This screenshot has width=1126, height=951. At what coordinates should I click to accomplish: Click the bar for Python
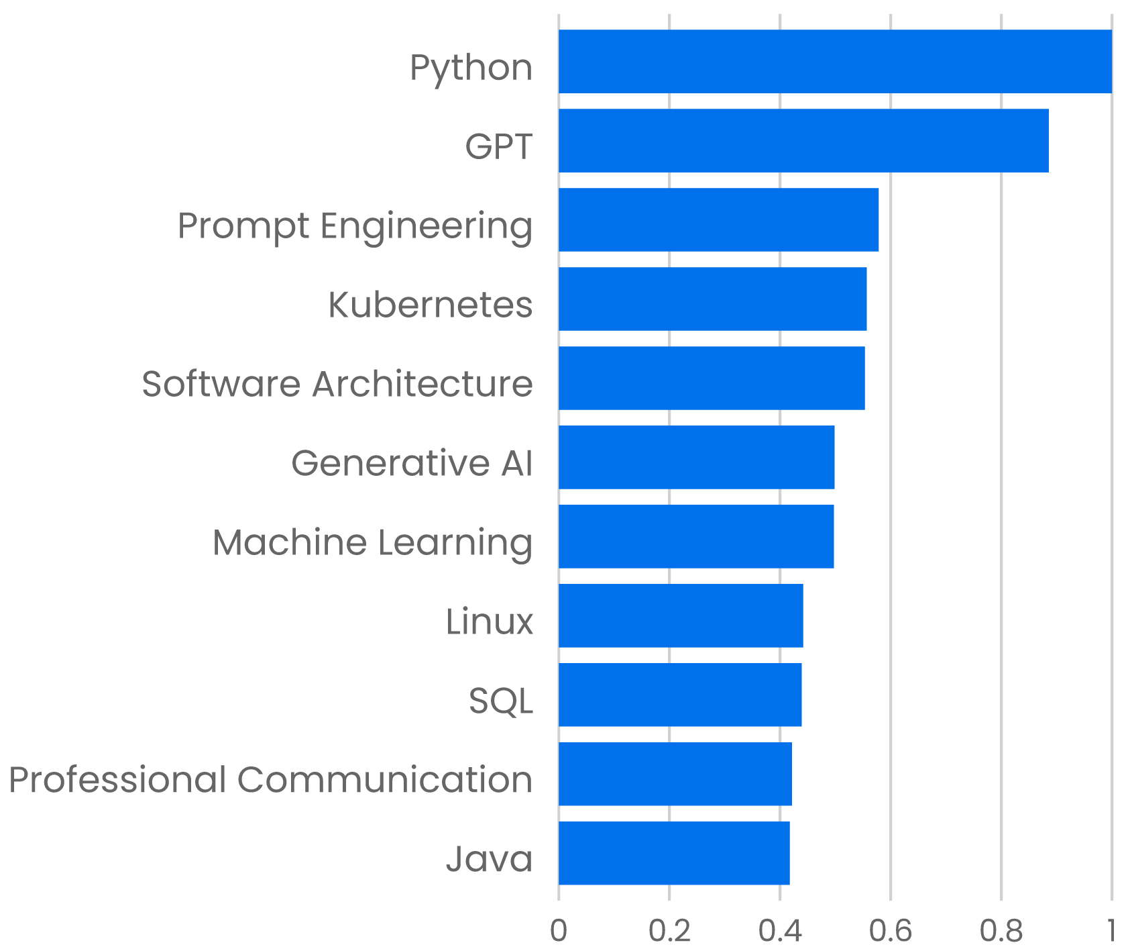coord(835,61)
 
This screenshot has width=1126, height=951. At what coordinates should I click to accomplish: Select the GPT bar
coord(803,140)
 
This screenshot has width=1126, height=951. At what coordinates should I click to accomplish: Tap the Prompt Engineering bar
coord(718,219)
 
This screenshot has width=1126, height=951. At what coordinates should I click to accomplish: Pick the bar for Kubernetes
coord(712,299)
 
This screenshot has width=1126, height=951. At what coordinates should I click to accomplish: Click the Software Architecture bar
coord(712,378)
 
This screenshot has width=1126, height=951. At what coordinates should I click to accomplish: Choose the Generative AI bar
coord(696,457)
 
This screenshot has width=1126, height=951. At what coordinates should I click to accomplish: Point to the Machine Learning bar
coord(696,536)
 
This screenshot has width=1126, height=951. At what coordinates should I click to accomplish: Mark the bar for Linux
coord(681,615)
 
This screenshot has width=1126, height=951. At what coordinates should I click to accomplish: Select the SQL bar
coord(680,695)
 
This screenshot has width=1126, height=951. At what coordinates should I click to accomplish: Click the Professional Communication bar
coord(675,774)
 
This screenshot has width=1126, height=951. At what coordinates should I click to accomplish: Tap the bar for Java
coord(674,853)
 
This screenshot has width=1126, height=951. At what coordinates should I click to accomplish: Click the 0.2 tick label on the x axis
coord(669,931)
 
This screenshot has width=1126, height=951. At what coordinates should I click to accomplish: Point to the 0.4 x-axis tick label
coord(780,931)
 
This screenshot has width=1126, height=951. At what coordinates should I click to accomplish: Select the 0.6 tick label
coord(891,931)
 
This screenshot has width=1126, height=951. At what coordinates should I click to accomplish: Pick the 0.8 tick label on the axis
coord(1001,931)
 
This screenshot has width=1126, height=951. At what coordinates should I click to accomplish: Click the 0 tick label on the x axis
coord(559,931)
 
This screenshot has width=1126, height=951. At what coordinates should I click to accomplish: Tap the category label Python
coord(471,68)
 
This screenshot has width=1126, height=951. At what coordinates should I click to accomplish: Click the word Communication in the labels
coord(385,780)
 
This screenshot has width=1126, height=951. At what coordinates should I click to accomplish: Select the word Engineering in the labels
coord(426,226)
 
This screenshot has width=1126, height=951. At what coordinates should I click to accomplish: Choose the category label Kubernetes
coord(430,305)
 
